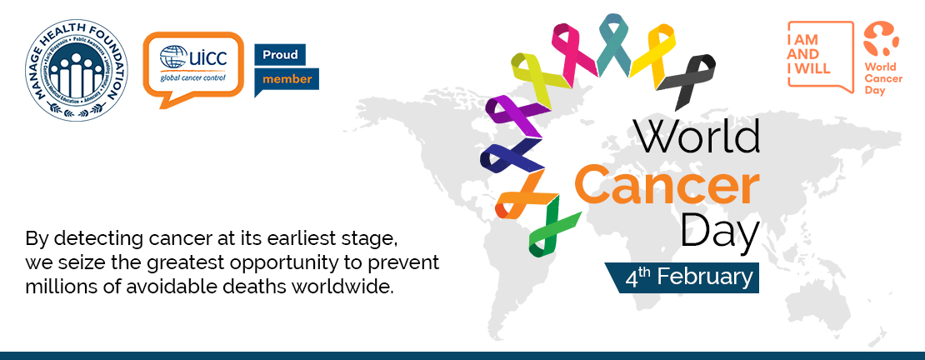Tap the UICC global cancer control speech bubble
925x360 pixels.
pyautogui.click(x=193, y=67)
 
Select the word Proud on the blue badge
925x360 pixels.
pyautogui.click(x=280, y=55)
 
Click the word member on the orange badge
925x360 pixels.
pyautogui.click(x=287, y=79)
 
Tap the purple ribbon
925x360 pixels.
pyautogui.click(x=515, y=116)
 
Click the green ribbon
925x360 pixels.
pyautogui.click(x=552, y=228)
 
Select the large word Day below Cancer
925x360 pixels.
pyautogui.click(x=720, y=231)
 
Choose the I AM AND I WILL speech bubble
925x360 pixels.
pyautogui.click(x=821, y=57)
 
